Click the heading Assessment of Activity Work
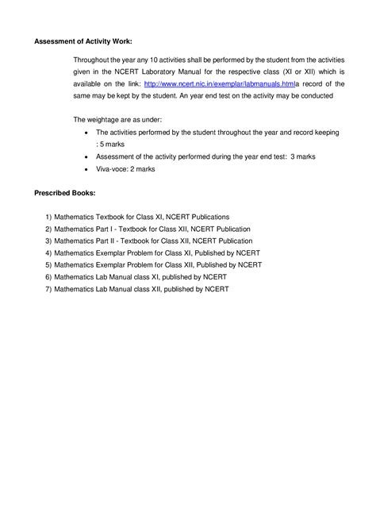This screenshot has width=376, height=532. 83,41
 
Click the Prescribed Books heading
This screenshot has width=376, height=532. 65,193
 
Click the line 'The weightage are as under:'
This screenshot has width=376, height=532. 117,119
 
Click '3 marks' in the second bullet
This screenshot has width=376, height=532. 303,157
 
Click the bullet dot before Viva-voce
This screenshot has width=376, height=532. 86,170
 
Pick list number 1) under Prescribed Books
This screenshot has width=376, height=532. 48,216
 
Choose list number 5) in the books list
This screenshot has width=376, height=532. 48,264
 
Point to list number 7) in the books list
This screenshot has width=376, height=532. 48,289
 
